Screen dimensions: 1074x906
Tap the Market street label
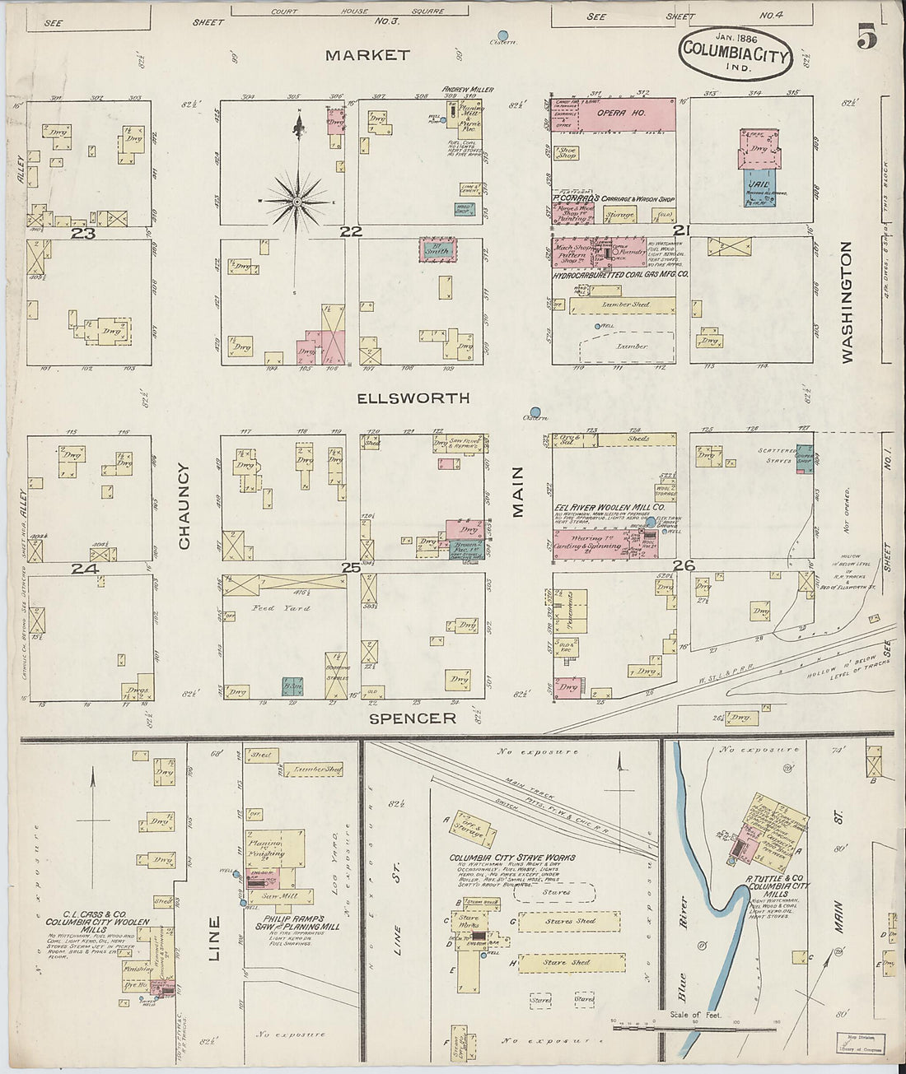coord(367,55)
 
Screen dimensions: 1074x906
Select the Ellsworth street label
coord(413,398)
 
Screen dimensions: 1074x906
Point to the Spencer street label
coord(413,718)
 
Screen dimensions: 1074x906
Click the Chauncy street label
coord(184,506)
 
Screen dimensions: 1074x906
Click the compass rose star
coord(297,201)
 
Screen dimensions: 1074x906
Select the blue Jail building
coord(759,187)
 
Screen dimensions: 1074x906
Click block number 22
coord(352,232)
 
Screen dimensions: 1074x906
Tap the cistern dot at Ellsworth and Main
coord(536,411)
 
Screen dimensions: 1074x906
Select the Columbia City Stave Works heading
coord(511,858)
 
